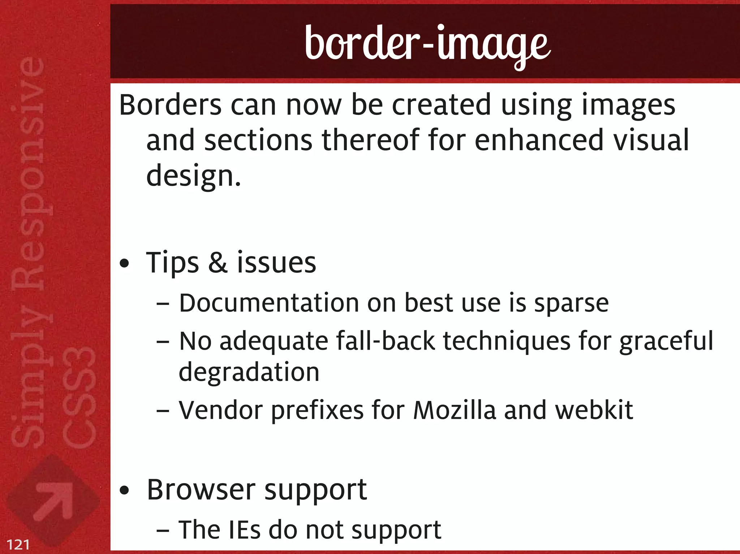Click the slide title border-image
pos(427,45)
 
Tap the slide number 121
pos(18,544)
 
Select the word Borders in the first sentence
pos(170,105)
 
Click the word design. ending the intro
pos(193,176)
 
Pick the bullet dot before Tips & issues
pos(124,264)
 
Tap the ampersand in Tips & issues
pos(218,263)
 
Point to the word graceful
pos(666,342)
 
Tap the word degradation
pos(249,372)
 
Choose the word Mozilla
pos(455,410)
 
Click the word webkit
pos(594,410)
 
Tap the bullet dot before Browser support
pos(124,491)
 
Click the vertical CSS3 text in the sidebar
pos(79,397)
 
